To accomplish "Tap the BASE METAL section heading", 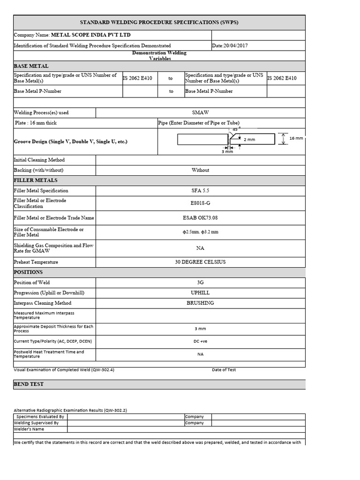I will [x=31, y=66].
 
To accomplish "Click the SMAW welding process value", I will [x=201, y=112].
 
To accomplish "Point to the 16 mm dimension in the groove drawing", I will [x=296, y=138].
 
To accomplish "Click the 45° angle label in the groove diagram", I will [x=236, y=129].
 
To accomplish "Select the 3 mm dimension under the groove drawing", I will [x=227, y=151].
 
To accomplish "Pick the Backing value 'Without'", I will [x=201, y=170].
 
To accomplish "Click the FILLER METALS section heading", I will [x=36, y=180].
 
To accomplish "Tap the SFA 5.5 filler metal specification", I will [x=201, y=191].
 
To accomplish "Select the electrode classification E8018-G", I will [x=201, y=203].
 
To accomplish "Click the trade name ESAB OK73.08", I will [x=201, y=218].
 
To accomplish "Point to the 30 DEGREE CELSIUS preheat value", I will [x=201, y=262].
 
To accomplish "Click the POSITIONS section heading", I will [x=28, y=272].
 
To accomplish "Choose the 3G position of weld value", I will [x=201, y=283].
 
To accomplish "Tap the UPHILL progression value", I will [x=201, y=293].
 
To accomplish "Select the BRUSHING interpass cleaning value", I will [x=201, y=303].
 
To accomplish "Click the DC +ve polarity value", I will [x=201, y=341].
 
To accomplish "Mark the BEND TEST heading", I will [x=29, y=384].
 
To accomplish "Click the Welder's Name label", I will [x=29, y=429].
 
